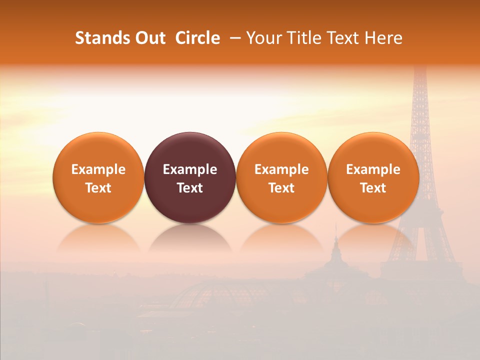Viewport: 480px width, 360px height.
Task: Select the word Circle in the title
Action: [x=197, y=38]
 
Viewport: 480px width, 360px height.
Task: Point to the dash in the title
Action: [x=233, y=38]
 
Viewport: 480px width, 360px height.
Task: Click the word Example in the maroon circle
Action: [x=190, y=169]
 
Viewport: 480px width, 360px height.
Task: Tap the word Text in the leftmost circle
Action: [x=98, y=188]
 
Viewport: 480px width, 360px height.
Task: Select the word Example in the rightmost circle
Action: [x=373, y=169]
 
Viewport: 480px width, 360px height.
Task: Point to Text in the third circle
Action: [x=281, y=188]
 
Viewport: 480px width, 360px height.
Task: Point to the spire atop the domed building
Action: [x=336, y=235]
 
